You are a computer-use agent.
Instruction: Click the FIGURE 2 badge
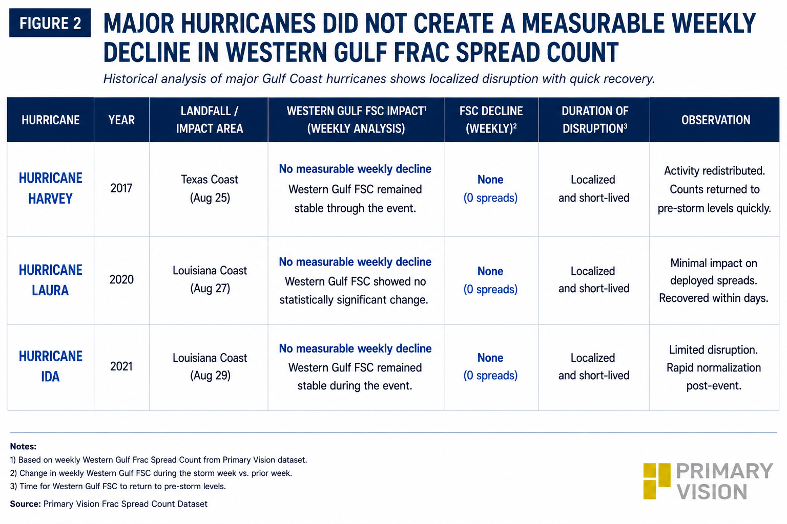coord(50,23)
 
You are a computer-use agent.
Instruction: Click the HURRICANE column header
coord(51,120)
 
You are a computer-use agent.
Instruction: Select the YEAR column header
coord(121,120)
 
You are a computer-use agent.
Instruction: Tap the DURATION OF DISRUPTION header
coord(594,120)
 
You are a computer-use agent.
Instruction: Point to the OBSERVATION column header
coord(716,120)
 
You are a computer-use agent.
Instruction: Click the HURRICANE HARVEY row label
coord(51,188)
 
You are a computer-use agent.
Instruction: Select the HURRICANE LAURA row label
coord(51,280)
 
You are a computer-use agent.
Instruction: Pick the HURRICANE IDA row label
coord(51,366)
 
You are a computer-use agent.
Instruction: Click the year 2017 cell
coord(121,188)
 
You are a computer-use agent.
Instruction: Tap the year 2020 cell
coord(121,280)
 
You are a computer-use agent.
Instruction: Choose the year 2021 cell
coord(121,366)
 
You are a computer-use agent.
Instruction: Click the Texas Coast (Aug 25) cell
coord(210,188)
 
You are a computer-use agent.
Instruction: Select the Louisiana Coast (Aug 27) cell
coord(210,280)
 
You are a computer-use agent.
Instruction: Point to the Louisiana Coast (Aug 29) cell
coord(210,366)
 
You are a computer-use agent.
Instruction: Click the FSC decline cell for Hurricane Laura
coord(490,280)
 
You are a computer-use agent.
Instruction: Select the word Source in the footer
coord(25,504)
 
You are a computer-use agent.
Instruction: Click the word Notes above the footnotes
coord(23,446)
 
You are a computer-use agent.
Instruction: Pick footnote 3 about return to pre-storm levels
coord(118,487)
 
